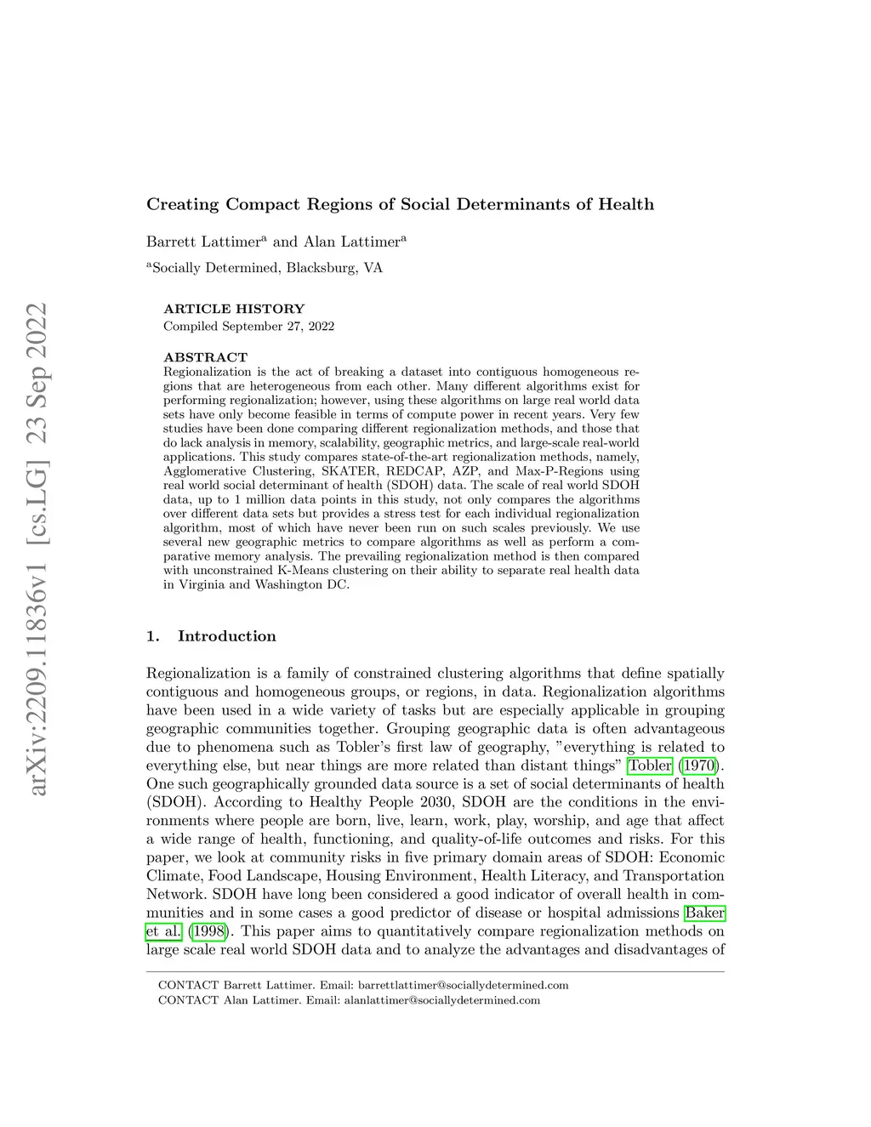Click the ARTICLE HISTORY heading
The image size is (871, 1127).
234,309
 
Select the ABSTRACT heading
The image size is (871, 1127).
206,357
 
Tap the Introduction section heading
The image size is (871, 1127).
226,636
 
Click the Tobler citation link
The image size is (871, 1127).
650,766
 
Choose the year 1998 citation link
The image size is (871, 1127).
209,931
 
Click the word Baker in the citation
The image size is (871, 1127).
704,913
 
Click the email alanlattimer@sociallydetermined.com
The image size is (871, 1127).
441,1000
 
